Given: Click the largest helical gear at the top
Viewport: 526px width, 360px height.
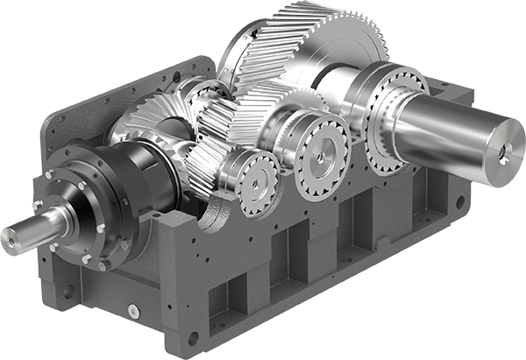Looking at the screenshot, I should (x=263, y=53).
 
